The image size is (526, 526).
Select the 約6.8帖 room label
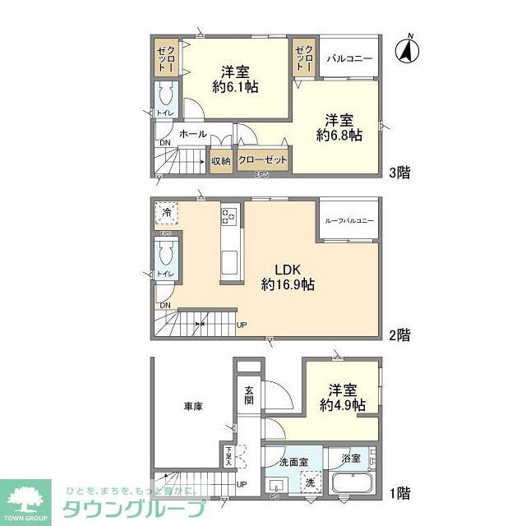(339, 127)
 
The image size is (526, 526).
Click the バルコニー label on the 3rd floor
(349, 59)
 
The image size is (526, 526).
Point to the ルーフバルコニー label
(349, 221)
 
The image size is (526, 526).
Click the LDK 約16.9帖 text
(288, 276)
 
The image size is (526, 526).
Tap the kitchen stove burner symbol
(228, 217)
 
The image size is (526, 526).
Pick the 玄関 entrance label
(248, 395)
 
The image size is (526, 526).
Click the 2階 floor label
(399, 335)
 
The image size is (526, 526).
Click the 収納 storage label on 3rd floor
(221, 161)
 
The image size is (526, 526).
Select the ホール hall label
(192, 133)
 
